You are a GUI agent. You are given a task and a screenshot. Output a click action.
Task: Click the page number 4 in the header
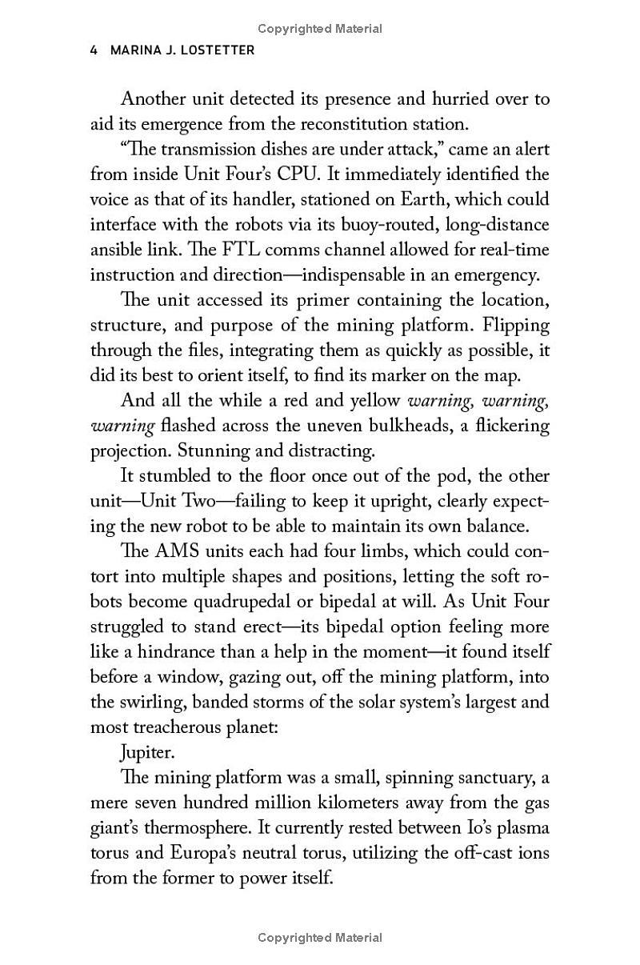(x=94, y=50)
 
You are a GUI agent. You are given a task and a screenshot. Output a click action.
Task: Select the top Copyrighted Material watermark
(x=320, y=29)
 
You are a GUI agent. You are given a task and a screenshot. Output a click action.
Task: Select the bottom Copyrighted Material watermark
(x=320, y=937)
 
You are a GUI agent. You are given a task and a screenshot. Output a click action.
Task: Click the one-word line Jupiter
(x=146, y=752)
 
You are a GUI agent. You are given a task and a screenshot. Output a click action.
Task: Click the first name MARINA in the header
(x=137, y=50)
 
